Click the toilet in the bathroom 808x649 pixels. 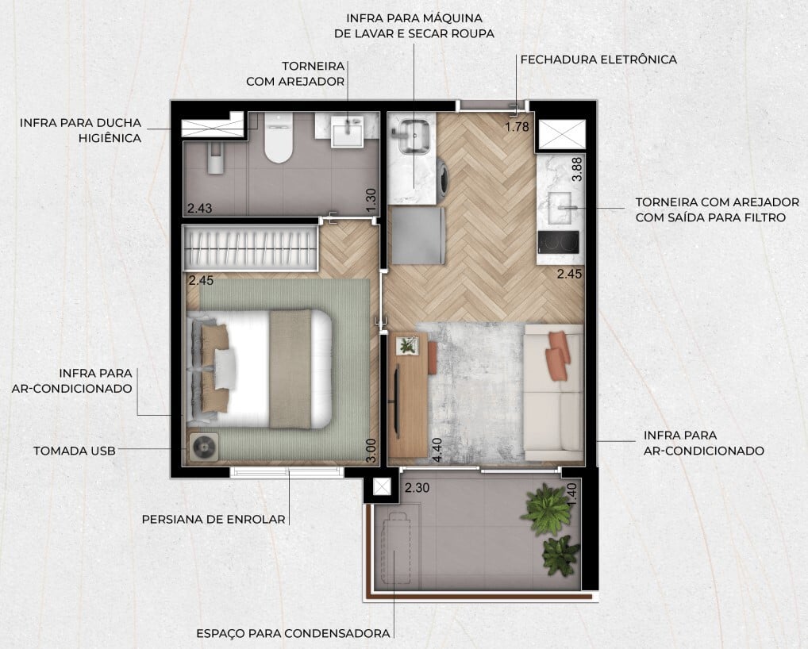pos(278,139)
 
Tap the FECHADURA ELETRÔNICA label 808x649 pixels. pos(598,60)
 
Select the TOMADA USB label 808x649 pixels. pos(74,451)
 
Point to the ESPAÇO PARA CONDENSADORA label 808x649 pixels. pos(293,633)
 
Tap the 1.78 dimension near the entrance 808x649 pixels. pos(518,125)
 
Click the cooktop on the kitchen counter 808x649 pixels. pos(560,241)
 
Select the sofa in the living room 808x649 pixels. pos(554,393)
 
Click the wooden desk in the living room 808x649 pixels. pos(408,397)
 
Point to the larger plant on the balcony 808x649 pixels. pos(547,509)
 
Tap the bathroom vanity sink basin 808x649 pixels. pos(347,132)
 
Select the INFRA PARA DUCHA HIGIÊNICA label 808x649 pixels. pos(80,130)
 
